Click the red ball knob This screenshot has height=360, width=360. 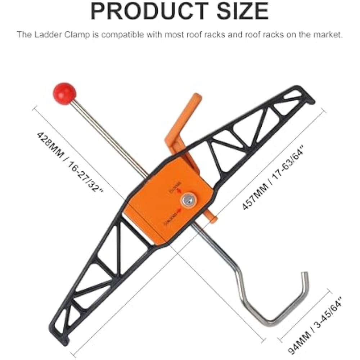tap(64, 93)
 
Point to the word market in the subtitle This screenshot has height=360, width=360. tap(328, 35)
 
